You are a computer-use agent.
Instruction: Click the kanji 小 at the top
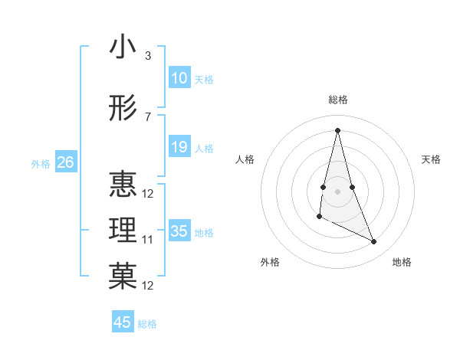(x=123, y=47)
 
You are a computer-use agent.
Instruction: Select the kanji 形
(x=123, y=110)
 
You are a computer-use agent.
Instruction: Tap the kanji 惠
(x=123, y=184)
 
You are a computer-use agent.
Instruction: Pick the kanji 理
(x=123, y=230)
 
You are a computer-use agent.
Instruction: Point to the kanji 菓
(x=123, y=277)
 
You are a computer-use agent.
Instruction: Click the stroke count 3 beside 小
(x=147, y=56)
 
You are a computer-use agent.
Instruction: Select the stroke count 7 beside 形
(x=147, y=117)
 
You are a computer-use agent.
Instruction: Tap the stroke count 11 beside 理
(x=148, y=240)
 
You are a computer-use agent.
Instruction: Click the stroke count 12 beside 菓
(x=148, y=286)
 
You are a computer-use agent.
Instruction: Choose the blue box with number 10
(x=179, y=77)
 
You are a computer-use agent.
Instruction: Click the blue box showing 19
(x=179, y=147)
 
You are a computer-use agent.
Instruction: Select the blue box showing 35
(x=179, y=231)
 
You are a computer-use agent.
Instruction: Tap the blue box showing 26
(x=65, y=162)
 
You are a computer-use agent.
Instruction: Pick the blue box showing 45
(x=123, y=322)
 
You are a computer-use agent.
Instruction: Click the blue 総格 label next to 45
(x=147, y=324)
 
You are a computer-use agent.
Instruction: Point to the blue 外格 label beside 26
(x=41, y=163)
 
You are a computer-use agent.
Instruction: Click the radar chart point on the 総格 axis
(x=337, y=130)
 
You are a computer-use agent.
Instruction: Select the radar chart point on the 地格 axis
(x=374, y=242)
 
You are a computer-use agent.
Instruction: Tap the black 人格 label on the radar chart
(x=245, y=159)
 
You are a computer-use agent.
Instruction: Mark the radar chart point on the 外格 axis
(x=319, y=217)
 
